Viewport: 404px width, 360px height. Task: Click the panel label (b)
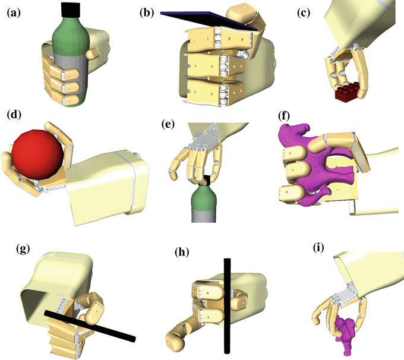(147, 11)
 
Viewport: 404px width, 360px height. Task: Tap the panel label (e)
(169, 125)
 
